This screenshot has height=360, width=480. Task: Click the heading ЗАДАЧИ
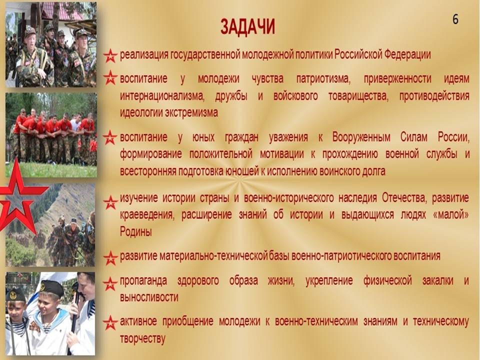pyautogui.click(x=247, y=27)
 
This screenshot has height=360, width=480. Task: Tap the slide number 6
pyautogui.click(x=455, y=19)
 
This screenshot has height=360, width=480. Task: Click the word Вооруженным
pyautogui.click(x=361, y=137)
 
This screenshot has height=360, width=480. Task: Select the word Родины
pyautogui.click(x=135, y=231)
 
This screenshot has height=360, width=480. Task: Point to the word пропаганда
pyautogui.click(x=143, y=281)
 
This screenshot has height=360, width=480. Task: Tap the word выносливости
pyautogui.click(x=149, y=297)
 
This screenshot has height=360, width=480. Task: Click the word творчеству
pyautogui.click(x=142, y=339)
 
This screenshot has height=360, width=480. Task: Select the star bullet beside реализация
pyautogui.click(x=110, y=55)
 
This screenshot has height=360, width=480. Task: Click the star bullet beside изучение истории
pyautogui.click(x=110, y=202)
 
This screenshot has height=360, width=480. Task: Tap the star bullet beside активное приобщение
pyautogui.click(x=110, y=322)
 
